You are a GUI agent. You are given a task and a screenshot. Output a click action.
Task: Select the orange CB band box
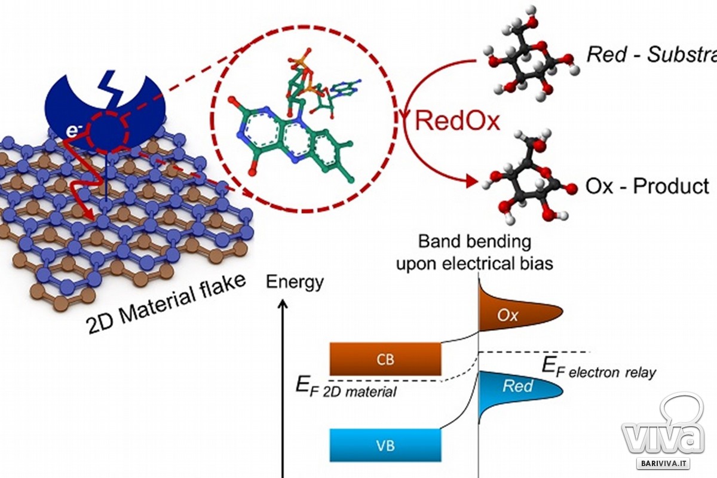pos(385,358)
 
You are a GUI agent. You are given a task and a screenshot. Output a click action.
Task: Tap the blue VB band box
pos(385,445)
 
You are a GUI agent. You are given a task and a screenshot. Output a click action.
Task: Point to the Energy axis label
pos(295,281)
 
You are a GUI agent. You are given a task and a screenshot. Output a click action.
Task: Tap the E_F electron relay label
pos(597,369)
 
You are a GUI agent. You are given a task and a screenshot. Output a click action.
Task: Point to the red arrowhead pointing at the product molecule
pos(472,179)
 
